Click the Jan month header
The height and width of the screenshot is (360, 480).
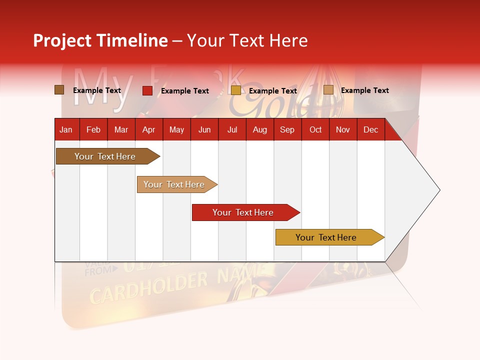(66, 129)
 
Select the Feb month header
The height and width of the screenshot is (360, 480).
(93, 129)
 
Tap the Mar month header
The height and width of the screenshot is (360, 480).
(121, 129)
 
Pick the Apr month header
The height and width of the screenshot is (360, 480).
(149, 129)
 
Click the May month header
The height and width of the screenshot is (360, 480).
(176, 129)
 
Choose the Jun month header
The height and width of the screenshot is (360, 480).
(204, 129)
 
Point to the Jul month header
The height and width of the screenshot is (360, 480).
(232, 129)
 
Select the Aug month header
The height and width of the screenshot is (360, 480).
(260, 129)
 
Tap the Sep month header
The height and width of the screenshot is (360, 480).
(287, 129)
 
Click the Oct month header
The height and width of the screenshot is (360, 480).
(315, 129)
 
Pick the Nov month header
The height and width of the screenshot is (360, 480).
(343, 129)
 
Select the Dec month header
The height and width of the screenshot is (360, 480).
(371, 129)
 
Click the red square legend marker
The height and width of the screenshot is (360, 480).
(147, 90)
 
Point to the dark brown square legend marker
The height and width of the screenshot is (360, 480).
(59, 90)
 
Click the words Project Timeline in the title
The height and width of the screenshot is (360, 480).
(100, 40)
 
